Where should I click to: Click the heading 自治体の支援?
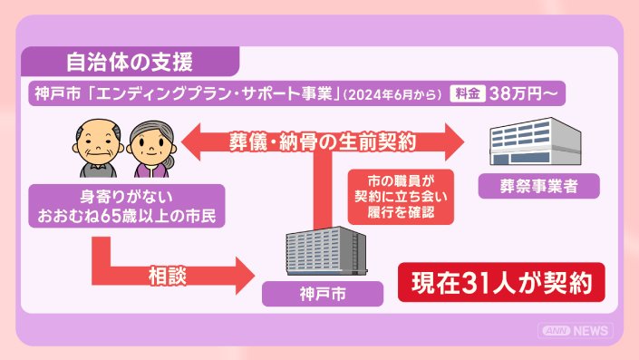coord(130,62)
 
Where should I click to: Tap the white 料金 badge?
coord(468,93)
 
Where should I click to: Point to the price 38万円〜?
coord(523,93)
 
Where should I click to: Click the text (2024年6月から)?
coord(392,94)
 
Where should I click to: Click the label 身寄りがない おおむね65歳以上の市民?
coord(127,206)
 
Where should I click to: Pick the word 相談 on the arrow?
coord(167,276)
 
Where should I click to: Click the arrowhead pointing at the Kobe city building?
coord(246,276)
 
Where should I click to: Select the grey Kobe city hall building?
coord(326,250)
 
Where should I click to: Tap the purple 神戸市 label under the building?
coord(323,294)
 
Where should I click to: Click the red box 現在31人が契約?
coord(501,282)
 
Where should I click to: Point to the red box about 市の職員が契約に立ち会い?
coord(401,197)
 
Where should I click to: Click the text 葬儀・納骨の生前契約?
coord(323,141)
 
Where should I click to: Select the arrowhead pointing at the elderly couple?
coord(190,141)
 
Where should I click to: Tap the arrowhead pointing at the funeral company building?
coord(454,141)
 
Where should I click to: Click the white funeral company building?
coord(536,141)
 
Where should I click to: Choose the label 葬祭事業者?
coord(538,186)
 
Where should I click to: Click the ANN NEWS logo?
coord(576,331)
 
